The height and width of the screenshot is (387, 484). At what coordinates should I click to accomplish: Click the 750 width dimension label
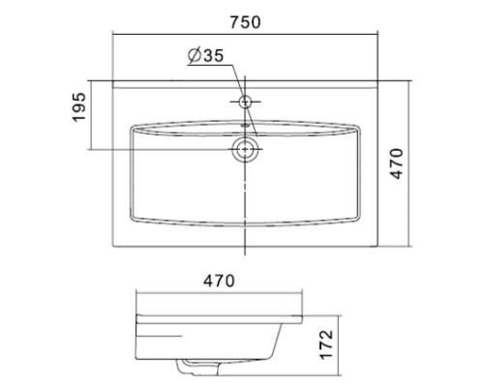click(242, 21)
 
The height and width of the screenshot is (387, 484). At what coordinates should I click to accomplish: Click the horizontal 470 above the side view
click(219, 282)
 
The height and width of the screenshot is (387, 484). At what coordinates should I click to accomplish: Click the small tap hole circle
click(245, 101)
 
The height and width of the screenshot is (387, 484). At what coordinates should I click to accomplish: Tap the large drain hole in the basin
click(245, 149)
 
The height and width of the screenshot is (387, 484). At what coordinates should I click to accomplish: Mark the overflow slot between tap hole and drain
click(245, 125)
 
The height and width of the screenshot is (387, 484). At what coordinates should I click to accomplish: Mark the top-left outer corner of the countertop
click(114, 83)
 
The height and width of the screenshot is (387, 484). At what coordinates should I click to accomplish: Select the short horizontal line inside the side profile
click(160, 335)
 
